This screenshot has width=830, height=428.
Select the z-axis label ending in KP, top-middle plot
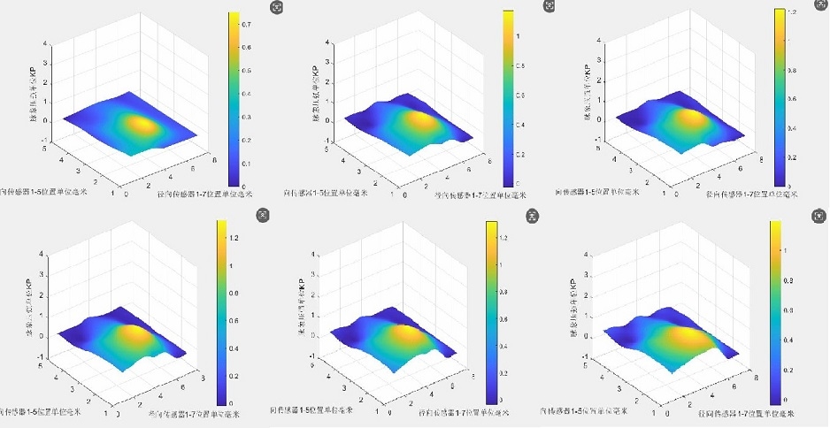(x=312, y=80)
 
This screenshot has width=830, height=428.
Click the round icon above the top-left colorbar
(x=278, y=6)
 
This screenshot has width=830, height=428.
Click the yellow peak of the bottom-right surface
(x=684, y=336)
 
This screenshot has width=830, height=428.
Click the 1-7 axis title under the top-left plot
(x=204, y=192)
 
